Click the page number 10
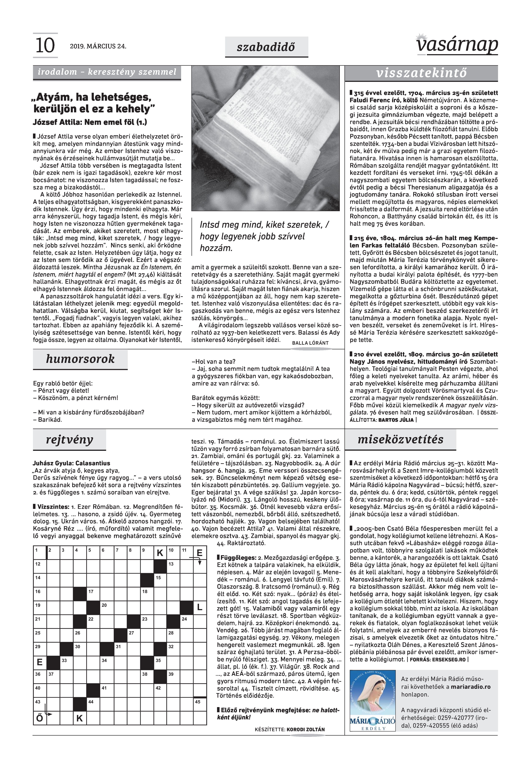tap(45, 46)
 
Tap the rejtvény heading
tap(70, 440)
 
